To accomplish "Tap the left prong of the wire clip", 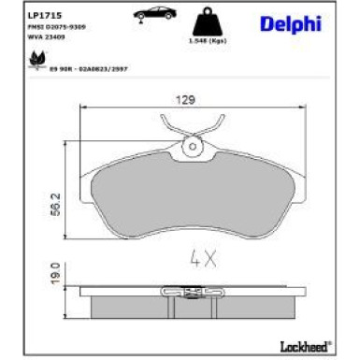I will pyautogui.click(x=166, y=122).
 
